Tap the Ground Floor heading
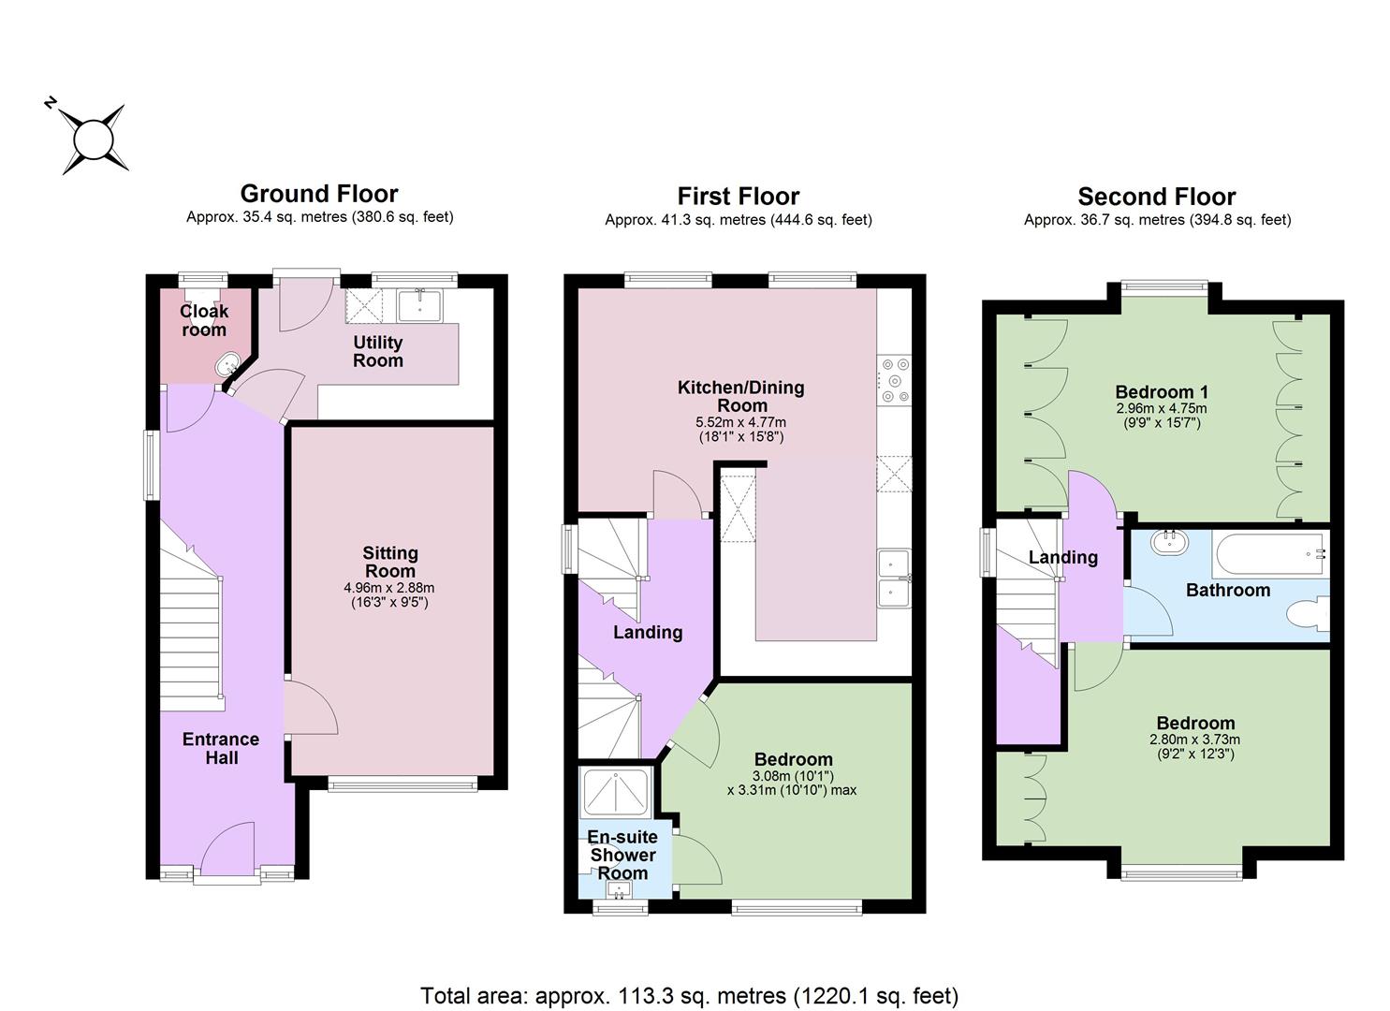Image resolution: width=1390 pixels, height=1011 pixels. (x=319, y=194)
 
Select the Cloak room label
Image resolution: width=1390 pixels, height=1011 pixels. (x=203, y=320)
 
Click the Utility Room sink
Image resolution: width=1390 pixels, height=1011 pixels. (x=420, y=306)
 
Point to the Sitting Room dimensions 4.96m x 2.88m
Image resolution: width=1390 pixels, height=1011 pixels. (x=389, y=588)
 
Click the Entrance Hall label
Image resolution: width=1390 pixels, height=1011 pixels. (x=221, y=748)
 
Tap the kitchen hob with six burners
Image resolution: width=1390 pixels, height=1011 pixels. (x=894, y=381)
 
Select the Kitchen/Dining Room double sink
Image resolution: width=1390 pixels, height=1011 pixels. (x=894, y=579)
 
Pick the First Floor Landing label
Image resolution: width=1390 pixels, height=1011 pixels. (x=648, y=632)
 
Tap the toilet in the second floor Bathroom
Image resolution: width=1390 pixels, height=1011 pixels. (x=1308, y=614)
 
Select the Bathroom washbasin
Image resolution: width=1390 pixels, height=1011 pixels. (x=1170, y=542)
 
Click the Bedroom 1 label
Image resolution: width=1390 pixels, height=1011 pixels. (x=1162, y=391)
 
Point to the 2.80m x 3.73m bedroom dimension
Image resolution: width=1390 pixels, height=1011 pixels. (x=1194, y=740)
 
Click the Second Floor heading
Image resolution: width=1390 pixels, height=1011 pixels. (x=1157, y=197)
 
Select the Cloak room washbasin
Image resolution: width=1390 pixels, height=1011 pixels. (x=227, y=365)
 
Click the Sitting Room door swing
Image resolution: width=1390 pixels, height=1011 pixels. (x=312, y=709)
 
